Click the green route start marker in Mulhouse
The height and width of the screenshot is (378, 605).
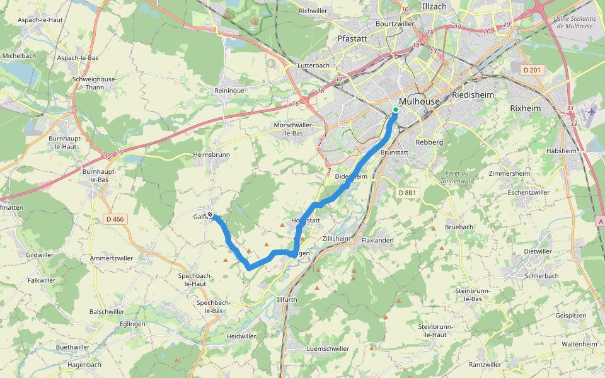(x=395, y=110)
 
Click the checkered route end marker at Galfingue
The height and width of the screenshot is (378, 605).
(x=210, y=215)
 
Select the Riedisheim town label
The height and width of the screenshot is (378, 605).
(x=473, y=94)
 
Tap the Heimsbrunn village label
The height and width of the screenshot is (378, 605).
(x=211, y=154)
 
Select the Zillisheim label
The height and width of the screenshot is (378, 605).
(x=335, y=239)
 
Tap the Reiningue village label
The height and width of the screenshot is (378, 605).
(x=229, y=91)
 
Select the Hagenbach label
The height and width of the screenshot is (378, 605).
(x=84, y=365)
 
